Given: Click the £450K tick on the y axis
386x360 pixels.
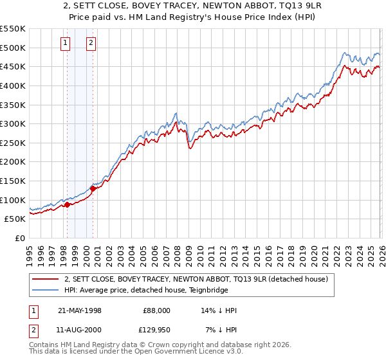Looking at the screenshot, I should [x=13, y=66].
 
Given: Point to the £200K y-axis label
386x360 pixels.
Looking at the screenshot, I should [x=13, y=162].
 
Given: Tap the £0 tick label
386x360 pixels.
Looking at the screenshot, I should [x=20, y=239].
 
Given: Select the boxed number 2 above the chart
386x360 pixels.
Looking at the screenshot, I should [x=91, y=43].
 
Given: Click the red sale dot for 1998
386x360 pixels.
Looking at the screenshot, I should [x=68, y=204].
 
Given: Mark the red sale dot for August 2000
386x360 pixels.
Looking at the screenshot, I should [x=93, y=188].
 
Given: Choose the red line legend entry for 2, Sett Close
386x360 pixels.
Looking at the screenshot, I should [x=196, y=279].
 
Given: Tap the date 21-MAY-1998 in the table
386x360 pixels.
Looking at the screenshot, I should [x=80, y=310].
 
